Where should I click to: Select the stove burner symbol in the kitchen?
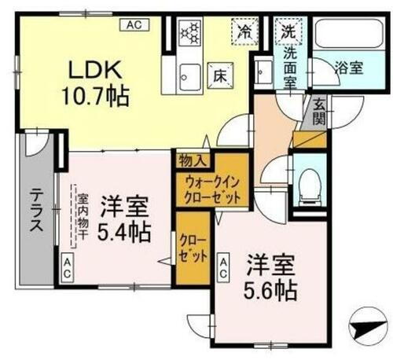point(191,34)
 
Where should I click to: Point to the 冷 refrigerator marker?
point(242,33)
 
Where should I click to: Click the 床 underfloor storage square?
point(220,76)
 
